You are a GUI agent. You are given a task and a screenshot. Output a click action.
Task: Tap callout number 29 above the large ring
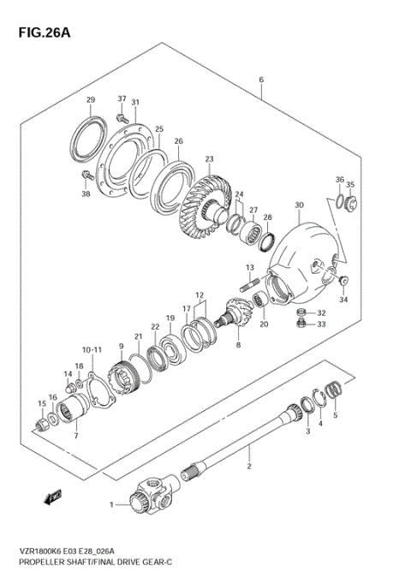[91, 102]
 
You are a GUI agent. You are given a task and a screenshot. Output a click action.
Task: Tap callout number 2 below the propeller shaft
[248, 467]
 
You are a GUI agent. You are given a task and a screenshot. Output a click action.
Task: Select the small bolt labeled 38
[86, 175]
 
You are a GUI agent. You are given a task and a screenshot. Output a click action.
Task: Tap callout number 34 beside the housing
[343, 300]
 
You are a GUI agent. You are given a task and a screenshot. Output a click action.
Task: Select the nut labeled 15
[41, 424]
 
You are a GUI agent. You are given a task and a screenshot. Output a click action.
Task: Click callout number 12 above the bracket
[200, 294]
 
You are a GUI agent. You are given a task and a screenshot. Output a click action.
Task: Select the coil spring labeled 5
[337, 390]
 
